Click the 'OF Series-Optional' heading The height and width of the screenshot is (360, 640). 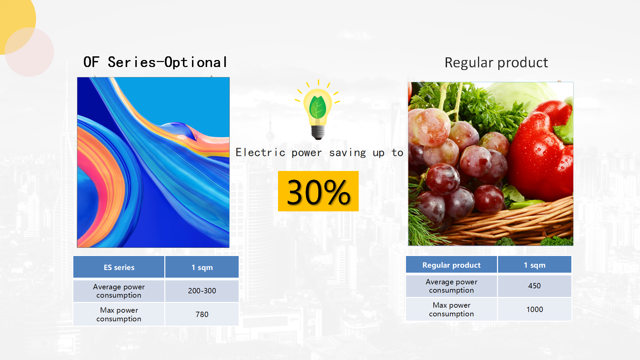point(155,62)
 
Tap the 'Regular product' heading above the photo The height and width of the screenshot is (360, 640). point(496,63)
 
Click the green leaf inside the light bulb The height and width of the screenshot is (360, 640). point(318,107)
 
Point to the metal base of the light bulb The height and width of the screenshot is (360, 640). point(318,132)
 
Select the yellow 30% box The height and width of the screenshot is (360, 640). point(318,191)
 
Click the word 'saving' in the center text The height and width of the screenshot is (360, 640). point(348,153)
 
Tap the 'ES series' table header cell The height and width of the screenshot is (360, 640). point(119,267)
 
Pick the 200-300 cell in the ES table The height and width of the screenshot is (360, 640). point(202,291)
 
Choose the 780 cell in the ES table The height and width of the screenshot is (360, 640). point(202,314)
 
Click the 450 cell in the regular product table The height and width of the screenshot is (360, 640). point(534,286)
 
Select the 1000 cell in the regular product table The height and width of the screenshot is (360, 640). point(534,309)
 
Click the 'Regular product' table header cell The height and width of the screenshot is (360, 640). point(451,265)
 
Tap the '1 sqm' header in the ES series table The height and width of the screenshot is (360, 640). point(202,267)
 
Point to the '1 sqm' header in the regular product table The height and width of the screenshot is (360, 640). point(534,265)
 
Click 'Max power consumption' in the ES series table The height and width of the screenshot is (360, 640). point(119,314)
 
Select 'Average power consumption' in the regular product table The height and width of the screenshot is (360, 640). point(451,286)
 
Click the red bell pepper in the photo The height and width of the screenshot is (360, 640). point(542,150)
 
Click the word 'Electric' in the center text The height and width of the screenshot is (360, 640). point(260,153)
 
